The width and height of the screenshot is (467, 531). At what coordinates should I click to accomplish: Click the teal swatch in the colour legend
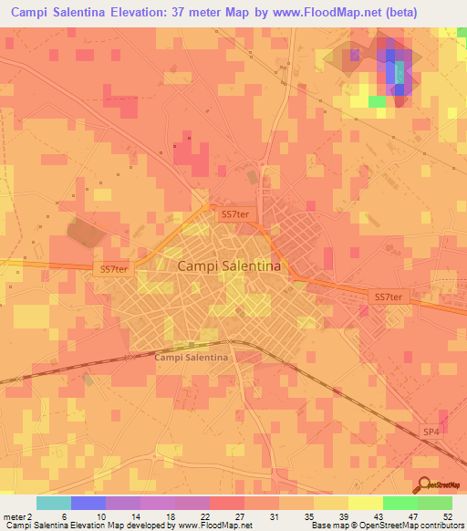tap(54, 503)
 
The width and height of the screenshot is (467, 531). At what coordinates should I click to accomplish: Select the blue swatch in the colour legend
tap(88, 503)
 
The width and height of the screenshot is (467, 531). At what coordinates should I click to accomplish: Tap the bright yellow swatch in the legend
tap(365, 503)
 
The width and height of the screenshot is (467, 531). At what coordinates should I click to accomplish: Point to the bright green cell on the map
tap(378, 101)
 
